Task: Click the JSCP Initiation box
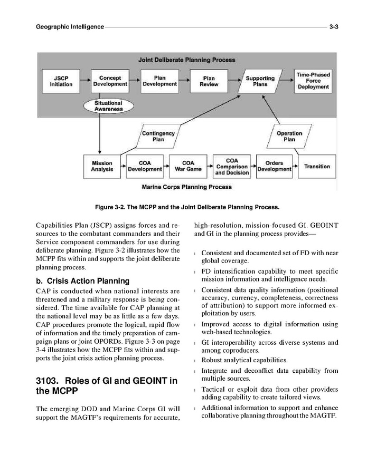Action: tap(61, 81)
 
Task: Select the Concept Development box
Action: tap(110, 81)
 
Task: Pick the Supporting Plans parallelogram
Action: tap(260, 81)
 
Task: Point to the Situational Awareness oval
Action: tap(108, 106)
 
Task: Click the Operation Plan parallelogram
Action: tap(289, 137)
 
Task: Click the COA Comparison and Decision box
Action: tap(231, 167)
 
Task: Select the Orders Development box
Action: tap(274, 167)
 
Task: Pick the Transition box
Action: tap(317, 167)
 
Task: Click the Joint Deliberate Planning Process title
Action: tap(187, 60)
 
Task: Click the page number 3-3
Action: tap(333, 26)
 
